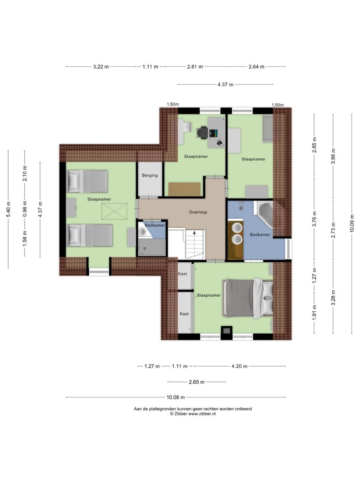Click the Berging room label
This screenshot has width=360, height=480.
[x=150, y=175]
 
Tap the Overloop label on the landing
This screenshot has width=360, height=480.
[x=198, y=212]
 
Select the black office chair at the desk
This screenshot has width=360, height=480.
[x=202, y=132]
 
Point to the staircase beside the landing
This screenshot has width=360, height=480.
[x=194, y=244]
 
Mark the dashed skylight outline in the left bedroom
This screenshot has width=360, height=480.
[x=114, y=211]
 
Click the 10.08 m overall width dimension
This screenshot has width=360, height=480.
[x=175, y=397]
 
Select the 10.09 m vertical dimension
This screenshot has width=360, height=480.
[x=352, y=223]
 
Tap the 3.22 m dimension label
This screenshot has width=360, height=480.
[x=101, y=67]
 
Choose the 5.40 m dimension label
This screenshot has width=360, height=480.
[x=8, y=209]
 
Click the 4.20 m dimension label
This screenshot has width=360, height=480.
[x=239, y=366]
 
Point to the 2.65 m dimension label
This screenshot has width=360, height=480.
[x=196, y=382]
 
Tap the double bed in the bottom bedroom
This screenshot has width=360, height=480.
[x=248, y=297]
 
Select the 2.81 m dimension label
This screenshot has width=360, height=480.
[x=195, y=67]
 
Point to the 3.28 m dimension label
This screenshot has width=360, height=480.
[x=333, y=298]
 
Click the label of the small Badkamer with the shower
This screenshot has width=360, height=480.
[x=155, y=225]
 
